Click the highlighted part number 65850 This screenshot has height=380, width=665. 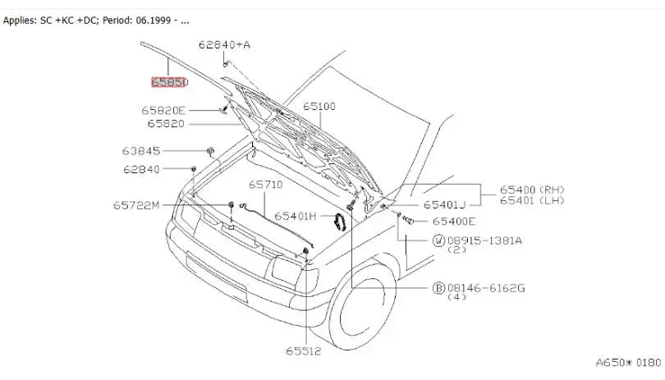(x=170, y=82)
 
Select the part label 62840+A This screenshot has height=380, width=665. (x=224, y=44)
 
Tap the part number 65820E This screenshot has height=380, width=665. (x=163, y=110)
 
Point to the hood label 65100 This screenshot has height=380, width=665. (x=319, y=106)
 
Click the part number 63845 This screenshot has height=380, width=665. (x=141, y=150)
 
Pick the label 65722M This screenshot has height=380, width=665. (x=136, y=205)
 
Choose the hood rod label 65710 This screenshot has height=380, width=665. (x=265, y=185)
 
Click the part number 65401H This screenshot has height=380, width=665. (x=296, y=217)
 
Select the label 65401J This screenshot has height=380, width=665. (x=444, y=205)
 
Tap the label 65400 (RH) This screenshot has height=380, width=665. (x=532, y=190)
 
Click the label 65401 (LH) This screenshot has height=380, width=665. (x=532, y=200)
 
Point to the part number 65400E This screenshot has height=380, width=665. (x=454, y=222)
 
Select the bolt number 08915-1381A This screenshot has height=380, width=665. (x=484, y=241)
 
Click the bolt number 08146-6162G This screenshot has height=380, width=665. (x=486, y=288)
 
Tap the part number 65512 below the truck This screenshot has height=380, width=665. (x=303, y=351)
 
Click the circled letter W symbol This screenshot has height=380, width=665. (x=438, y=241)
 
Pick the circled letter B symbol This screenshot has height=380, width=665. (x=438, y=288)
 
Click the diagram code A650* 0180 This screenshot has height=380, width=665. (x=628, y=363)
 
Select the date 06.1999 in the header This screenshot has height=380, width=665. (x=154, y=21)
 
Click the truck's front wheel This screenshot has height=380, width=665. (x=363, y=305)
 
